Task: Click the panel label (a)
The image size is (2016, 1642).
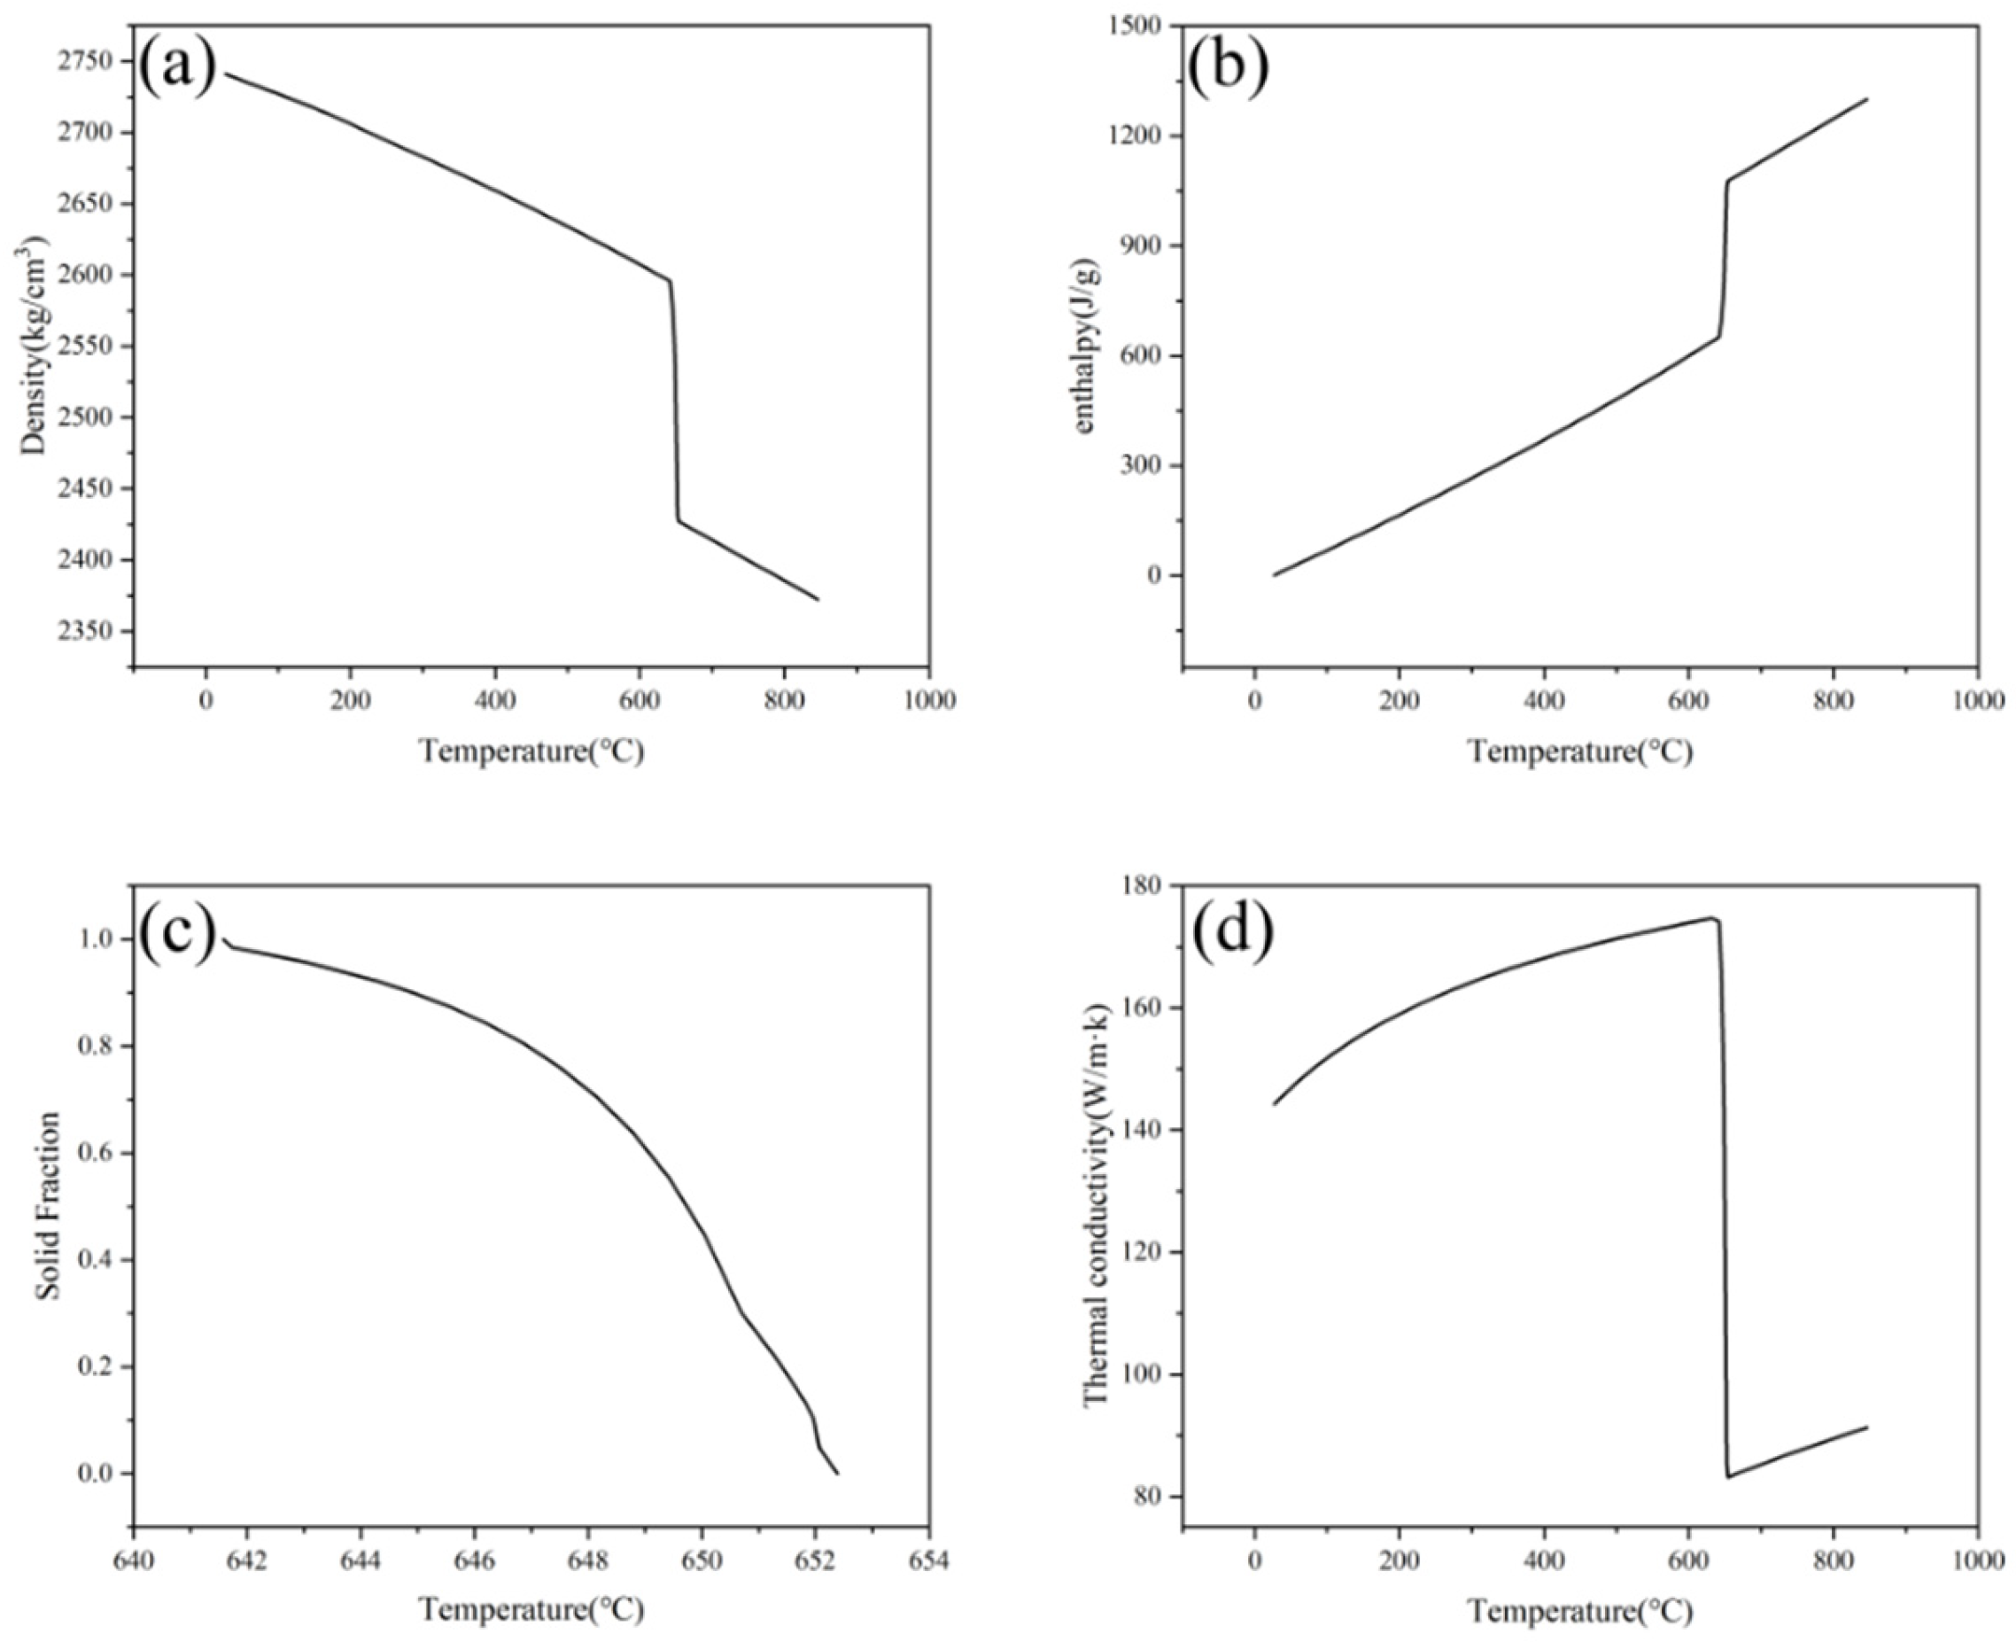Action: [x=178, y=68]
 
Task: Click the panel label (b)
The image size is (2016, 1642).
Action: [x=1228, y=68]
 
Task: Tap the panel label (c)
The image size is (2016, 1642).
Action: [x=178, y=932]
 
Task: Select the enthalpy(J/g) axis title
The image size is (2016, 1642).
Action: [x=1083, y=346]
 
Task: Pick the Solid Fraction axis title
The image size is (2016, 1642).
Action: [x=50, y=1205]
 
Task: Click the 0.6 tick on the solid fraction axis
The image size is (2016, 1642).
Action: [x=97, y=1153]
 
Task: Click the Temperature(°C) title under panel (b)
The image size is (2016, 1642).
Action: [x=1579, y=752]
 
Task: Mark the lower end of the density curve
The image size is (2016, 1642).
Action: [x=818, y=599]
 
